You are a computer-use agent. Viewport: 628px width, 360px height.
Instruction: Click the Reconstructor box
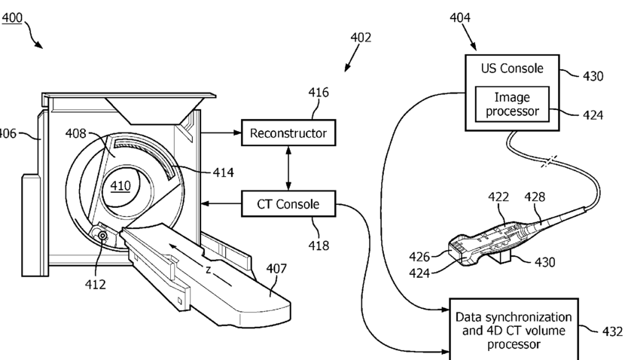pos(288,133)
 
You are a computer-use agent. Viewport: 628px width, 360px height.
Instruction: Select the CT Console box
pos(288,204)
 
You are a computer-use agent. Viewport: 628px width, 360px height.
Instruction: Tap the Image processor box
pos(512,104)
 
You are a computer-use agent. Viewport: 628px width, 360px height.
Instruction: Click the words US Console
pos(512,69)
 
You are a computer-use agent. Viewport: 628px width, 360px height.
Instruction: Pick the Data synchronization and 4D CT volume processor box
pos(514,330)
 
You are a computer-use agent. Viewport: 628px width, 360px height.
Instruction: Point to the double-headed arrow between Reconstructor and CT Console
pos(288,168)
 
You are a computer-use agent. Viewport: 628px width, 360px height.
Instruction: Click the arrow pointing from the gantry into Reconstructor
pos(221,132)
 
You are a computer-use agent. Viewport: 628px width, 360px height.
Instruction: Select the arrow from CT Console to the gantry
pos(221,204)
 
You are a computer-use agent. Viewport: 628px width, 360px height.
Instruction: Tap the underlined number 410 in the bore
pos(120,186)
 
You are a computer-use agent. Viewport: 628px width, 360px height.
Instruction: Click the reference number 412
pos(96,285)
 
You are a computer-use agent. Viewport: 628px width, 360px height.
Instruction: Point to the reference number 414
pos(223,172)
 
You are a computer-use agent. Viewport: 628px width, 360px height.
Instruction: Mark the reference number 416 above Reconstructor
pos(319,93)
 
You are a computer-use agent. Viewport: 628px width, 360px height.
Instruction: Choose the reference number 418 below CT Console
pos(319,246)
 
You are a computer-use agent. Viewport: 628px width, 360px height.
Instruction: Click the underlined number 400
pos(12,18)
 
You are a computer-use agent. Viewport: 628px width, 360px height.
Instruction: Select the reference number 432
pos(613,331)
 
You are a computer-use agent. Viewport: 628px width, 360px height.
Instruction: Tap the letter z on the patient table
pos(208,270)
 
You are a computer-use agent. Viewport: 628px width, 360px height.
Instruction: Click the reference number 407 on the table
pos(276,268)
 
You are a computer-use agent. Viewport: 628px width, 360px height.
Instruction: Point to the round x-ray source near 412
pos(103,236)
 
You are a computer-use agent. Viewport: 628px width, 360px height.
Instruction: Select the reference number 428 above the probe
pos(535,197)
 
